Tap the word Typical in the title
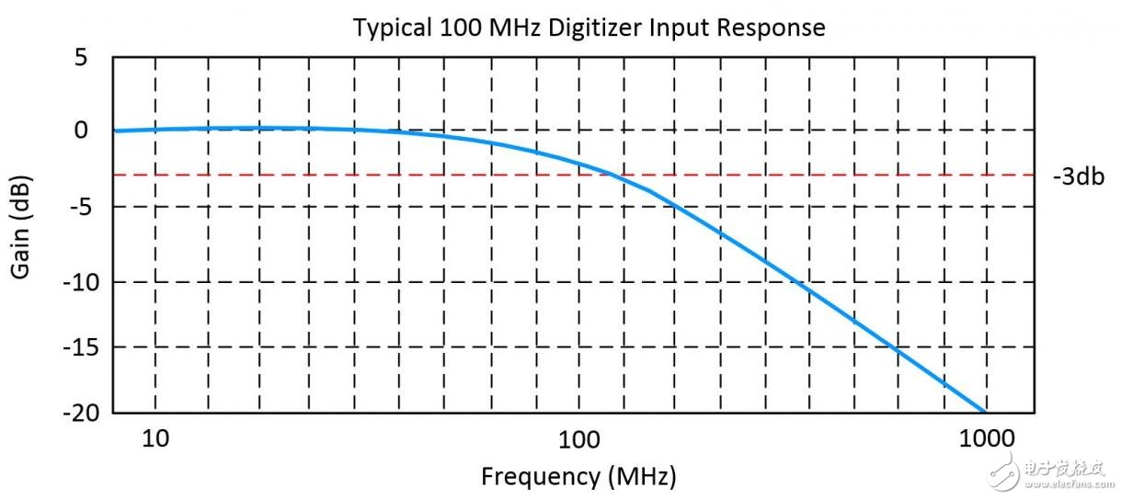coord(390,28)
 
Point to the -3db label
coord(1078,176)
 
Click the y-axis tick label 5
coord(80,58)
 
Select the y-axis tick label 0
coord(80,130)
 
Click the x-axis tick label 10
coord(155,438)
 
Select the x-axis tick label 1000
coord(985,438)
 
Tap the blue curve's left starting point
coord(114,130)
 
